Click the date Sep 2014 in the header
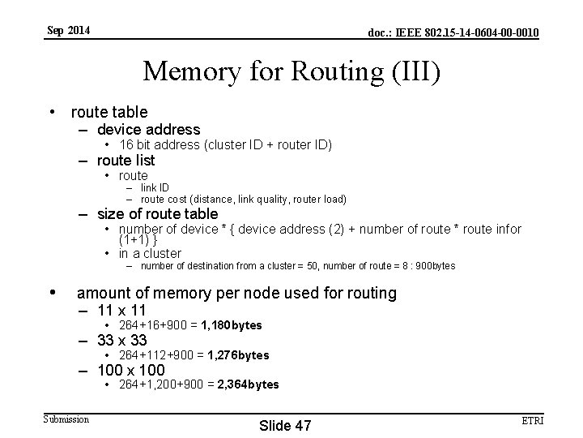[x=69, y=31]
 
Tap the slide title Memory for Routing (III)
[x=291, y=71]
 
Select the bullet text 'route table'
[x=109, y=112]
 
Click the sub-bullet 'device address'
[x=148, y=129]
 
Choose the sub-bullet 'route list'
[x=126, y=161]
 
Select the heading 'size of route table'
[x=157, y=214]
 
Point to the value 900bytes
[x=435, y=266]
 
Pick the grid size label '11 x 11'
[x=121, y=310]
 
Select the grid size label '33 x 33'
[x=122, y=340]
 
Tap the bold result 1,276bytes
[x=238, y=355]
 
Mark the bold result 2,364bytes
[x=248, y=384]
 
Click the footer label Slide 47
[x=284, y=426]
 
